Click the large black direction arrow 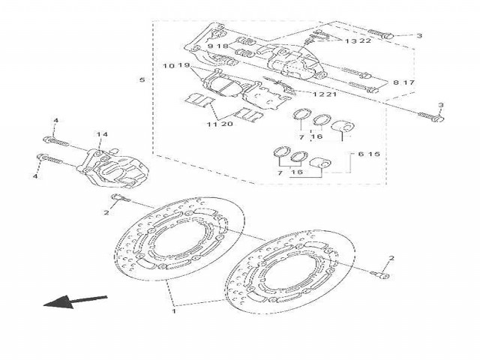(73, 301)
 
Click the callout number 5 (141, 79)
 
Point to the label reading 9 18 (217, 46)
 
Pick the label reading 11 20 (219, 125)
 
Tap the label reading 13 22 (358, 41)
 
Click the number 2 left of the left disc (106, 212)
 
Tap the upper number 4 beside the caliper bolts (55, 121)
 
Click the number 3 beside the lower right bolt (441, 105)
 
